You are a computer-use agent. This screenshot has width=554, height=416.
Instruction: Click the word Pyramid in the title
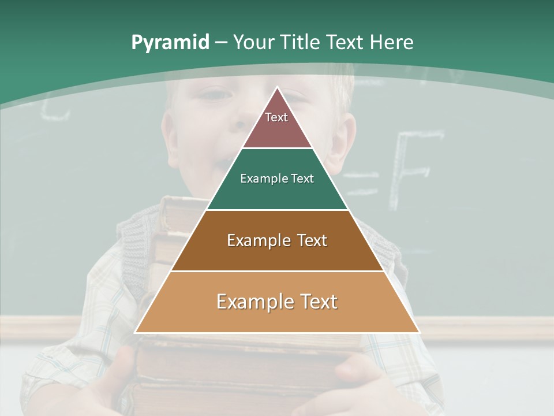point(170,42)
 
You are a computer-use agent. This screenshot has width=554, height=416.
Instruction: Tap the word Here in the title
point(391,42)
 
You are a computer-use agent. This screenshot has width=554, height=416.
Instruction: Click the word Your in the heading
point(254,42)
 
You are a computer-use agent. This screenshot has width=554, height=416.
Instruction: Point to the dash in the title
point(220,43)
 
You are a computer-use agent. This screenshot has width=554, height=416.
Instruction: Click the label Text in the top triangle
point(276,117)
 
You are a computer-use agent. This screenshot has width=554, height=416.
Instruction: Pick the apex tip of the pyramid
point(278,87)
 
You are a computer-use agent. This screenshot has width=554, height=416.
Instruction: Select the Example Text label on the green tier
point(277,179)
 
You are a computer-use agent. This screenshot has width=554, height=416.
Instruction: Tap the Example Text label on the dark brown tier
point(277,240)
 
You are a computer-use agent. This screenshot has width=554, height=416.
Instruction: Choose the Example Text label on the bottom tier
point(277,302)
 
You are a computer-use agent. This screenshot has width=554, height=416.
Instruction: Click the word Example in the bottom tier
point(248,302)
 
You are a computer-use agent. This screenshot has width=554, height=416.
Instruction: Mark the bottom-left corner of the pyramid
point(136,332)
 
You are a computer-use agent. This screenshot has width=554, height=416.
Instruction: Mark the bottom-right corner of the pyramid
point(419,332)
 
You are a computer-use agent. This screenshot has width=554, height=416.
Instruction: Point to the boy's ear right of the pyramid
point(344,139)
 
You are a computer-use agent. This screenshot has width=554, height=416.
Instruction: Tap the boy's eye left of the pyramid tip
point(215,94)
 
